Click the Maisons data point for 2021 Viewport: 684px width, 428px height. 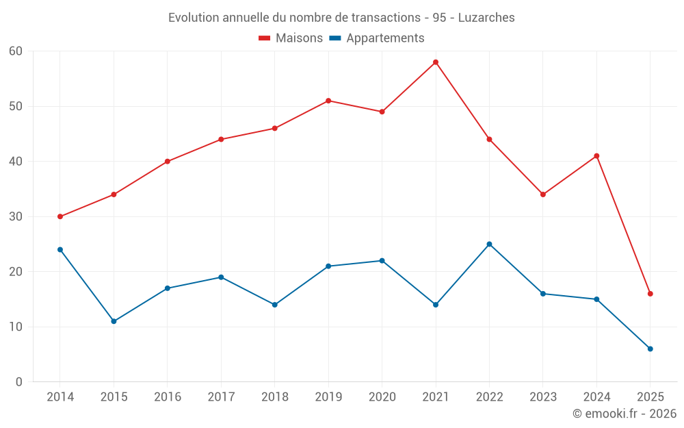436,62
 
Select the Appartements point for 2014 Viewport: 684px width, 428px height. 60,250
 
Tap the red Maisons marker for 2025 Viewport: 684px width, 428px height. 650,294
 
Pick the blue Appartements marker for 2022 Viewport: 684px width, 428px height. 489,244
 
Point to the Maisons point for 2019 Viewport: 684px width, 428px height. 328,101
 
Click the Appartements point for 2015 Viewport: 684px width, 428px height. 114,321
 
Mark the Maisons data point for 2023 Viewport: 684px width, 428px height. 543,194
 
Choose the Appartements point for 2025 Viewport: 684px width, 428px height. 650,349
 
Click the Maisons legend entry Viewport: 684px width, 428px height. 291,38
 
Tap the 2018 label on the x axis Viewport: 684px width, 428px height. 274,397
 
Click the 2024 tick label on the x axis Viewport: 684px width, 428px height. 596,397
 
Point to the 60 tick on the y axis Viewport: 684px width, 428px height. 16,51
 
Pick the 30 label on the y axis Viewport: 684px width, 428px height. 16,216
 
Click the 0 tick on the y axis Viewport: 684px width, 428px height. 19,382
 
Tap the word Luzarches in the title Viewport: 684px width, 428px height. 487,17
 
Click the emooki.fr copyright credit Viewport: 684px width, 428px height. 624,414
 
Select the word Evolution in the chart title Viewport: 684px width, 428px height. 194,17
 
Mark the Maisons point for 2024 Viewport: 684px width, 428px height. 596,156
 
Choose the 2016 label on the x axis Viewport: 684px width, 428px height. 168,397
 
